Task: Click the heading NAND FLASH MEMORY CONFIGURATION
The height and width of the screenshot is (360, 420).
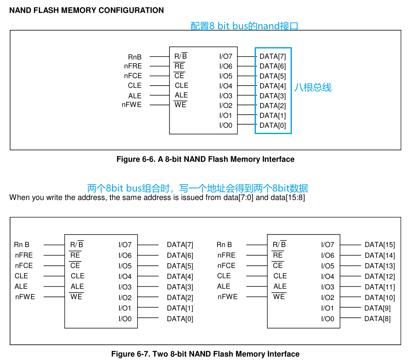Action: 86,10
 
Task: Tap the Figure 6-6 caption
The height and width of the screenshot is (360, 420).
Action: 205,159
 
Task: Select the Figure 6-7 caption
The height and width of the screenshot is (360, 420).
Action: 205,354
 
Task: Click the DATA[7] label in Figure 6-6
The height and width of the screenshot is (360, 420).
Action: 272,56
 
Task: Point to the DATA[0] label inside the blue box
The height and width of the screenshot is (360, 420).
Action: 272,125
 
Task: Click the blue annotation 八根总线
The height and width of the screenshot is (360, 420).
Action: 313,87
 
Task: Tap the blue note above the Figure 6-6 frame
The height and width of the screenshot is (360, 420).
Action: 244,26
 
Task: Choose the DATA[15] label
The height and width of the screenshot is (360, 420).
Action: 379,245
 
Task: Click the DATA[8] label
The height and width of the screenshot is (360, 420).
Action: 377,319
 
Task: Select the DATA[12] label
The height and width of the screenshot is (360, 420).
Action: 379,276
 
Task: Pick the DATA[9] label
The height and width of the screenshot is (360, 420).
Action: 377,308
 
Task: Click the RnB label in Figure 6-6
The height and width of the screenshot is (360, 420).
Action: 135,57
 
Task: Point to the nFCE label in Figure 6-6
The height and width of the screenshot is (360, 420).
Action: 133,76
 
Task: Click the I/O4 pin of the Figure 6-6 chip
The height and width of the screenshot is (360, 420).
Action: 226,86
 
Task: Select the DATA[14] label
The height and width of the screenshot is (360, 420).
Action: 379,256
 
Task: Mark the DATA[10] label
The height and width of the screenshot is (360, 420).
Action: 379,298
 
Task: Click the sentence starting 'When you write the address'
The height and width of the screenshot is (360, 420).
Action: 157,197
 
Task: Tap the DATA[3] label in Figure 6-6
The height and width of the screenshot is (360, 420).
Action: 272,96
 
